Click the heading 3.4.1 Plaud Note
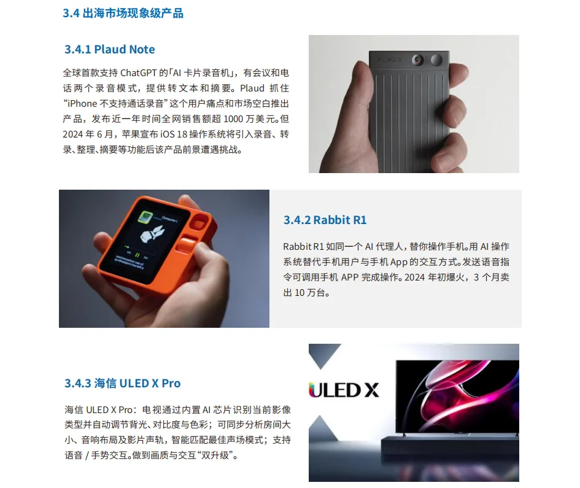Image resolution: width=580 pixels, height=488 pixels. coord(109,49)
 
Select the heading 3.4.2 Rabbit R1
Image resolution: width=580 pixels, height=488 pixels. coord(325,220)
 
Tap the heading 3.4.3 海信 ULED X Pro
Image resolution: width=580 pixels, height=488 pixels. coord(122,383)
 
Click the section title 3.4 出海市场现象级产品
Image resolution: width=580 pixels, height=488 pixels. coord(123,14)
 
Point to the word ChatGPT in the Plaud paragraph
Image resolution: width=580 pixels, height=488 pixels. coord(138,73)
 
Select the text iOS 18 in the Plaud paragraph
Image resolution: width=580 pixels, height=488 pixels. coord(174,134)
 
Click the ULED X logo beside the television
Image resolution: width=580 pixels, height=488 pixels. coord(344,390)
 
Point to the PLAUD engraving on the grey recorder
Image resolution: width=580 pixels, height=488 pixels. coord(390,60)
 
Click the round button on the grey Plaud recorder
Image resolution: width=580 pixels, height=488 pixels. coord(436,60)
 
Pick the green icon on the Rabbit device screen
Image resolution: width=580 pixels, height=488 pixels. coord(145,217)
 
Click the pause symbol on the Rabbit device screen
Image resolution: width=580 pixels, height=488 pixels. coord(137,255)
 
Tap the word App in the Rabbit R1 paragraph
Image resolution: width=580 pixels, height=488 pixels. coord(399,262)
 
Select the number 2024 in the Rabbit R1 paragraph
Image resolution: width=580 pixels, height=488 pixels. coord(415,277)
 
